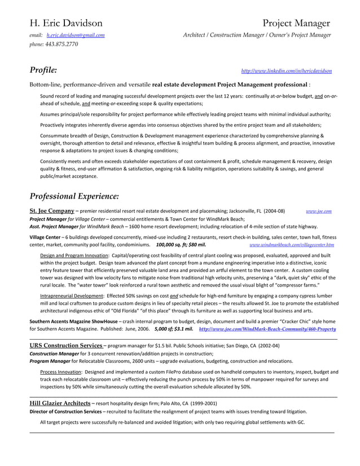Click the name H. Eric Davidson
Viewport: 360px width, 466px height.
coord(66,23)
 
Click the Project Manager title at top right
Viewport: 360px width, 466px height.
coord(296,23)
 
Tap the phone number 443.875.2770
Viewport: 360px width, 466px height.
coord(62,44)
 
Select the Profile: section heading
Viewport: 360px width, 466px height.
coord(43,71)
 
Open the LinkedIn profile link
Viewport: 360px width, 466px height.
coord(286,71)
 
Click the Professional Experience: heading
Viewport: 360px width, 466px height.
coord(74,196)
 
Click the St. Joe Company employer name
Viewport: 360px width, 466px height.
coord(52,211)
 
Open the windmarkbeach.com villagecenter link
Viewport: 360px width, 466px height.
coord(291,245)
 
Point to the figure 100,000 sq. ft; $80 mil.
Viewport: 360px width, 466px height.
coord(181,245)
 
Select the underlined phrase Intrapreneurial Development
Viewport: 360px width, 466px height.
coord(72,296)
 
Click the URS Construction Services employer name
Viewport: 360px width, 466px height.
coord(65,345)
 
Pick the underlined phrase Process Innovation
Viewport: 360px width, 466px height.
coord(60,372)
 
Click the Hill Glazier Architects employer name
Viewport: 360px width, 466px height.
coord(60,403)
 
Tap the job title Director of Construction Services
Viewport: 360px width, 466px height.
coord(65,411)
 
